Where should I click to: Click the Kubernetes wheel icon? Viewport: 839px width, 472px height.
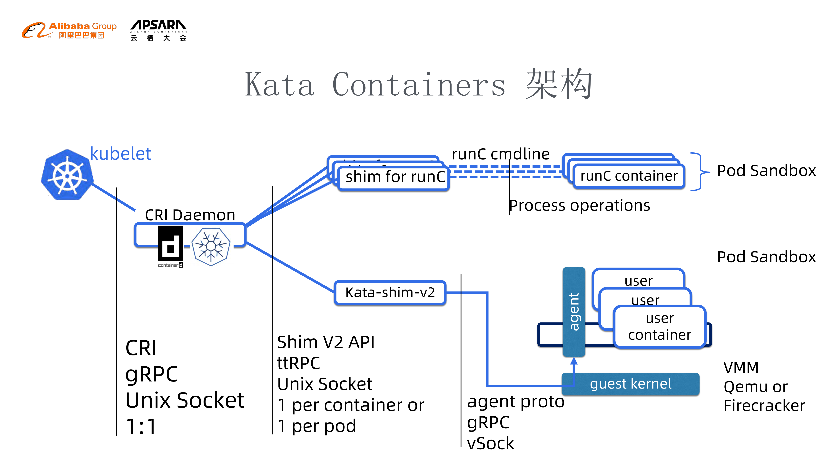point(67,175)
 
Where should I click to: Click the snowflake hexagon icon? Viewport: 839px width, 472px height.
point(211,247)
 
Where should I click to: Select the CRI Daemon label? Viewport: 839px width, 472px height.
point(190,215)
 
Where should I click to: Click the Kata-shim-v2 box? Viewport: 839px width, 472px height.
point(390,292)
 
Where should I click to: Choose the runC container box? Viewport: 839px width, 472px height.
point(629,176)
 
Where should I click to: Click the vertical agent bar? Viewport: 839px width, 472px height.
point(574,311)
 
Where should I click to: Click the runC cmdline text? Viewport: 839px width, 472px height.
point(501,154)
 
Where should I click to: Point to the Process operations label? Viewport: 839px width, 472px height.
point(579,206)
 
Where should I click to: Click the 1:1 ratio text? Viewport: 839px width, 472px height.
point(141,426)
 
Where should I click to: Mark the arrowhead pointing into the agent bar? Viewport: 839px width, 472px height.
point(574,361)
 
